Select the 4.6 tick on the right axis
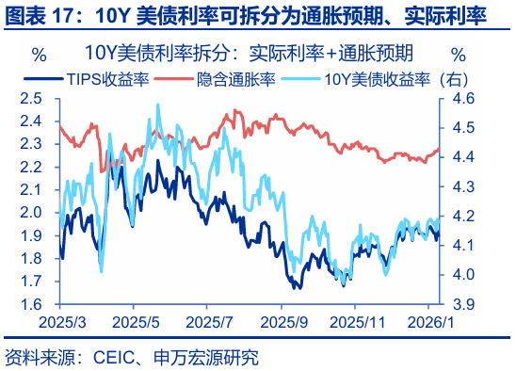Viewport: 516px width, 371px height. pos(462,98)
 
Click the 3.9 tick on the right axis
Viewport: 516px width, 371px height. pos(462,304)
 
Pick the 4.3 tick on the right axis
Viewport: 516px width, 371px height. pos(462,186)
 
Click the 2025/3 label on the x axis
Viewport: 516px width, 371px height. pos(59,322)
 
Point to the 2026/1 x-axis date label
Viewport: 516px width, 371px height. pos(429,322)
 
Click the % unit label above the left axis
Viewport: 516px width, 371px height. pos(38,52)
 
